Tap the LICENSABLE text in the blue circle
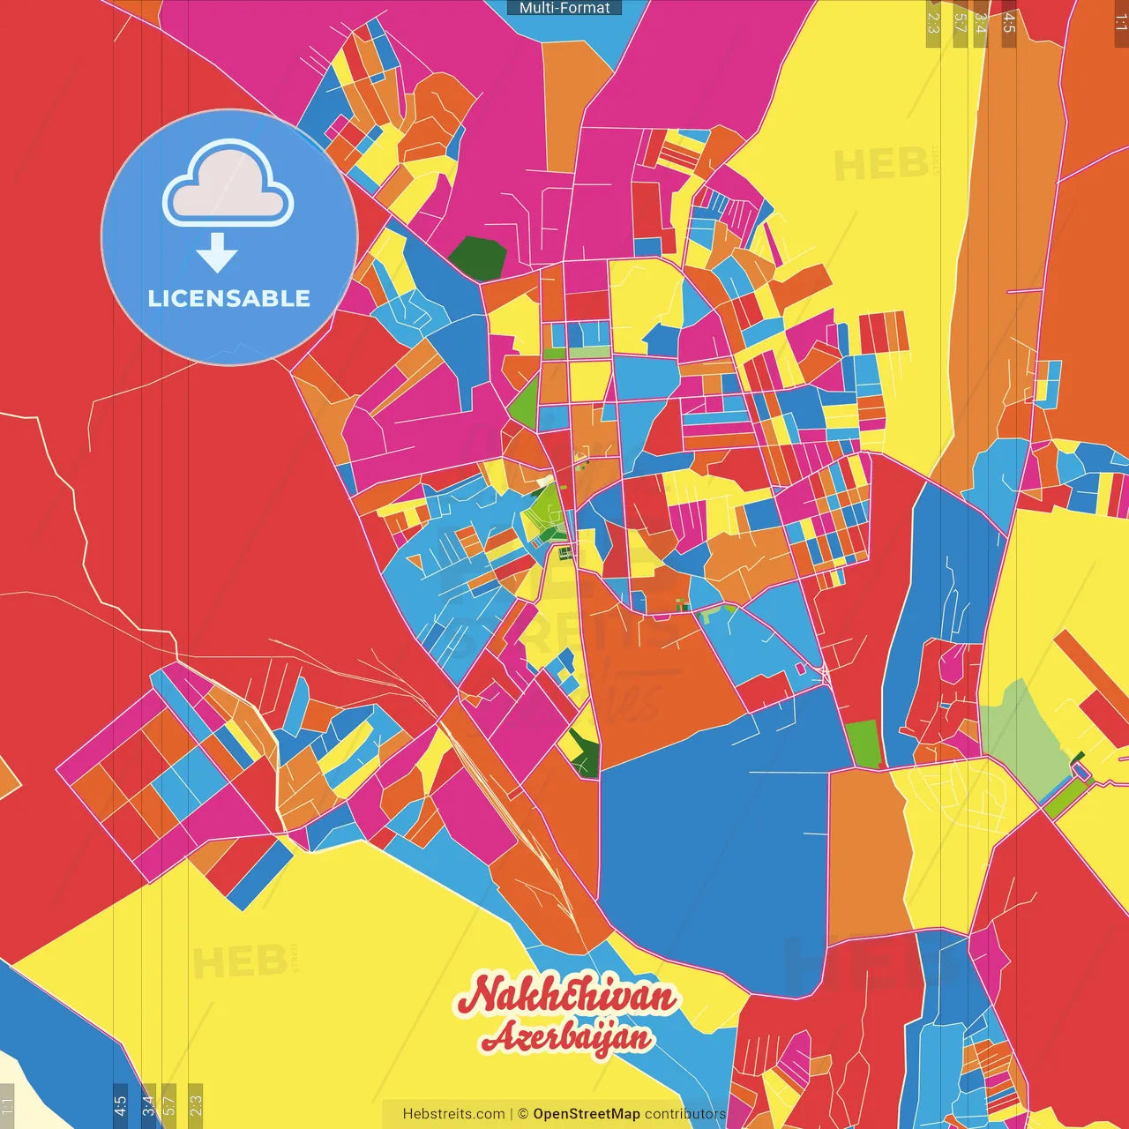tap(229, 298)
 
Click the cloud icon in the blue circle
tap(228, 183)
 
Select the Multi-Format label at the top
tap(564, 8)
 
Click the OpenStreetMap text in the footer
tap(586, 1114)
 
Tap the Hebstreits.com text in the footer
tap(453, 1114)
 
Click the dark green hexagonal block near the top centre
tap(478, 258)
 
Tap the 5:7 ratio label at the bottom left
tap(169, 1104)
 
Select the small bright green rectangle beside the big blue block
tap(863, 744)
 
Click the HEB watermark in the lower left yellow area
tap(238, 961)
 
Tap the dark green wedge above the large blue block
tap(584, 754)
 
